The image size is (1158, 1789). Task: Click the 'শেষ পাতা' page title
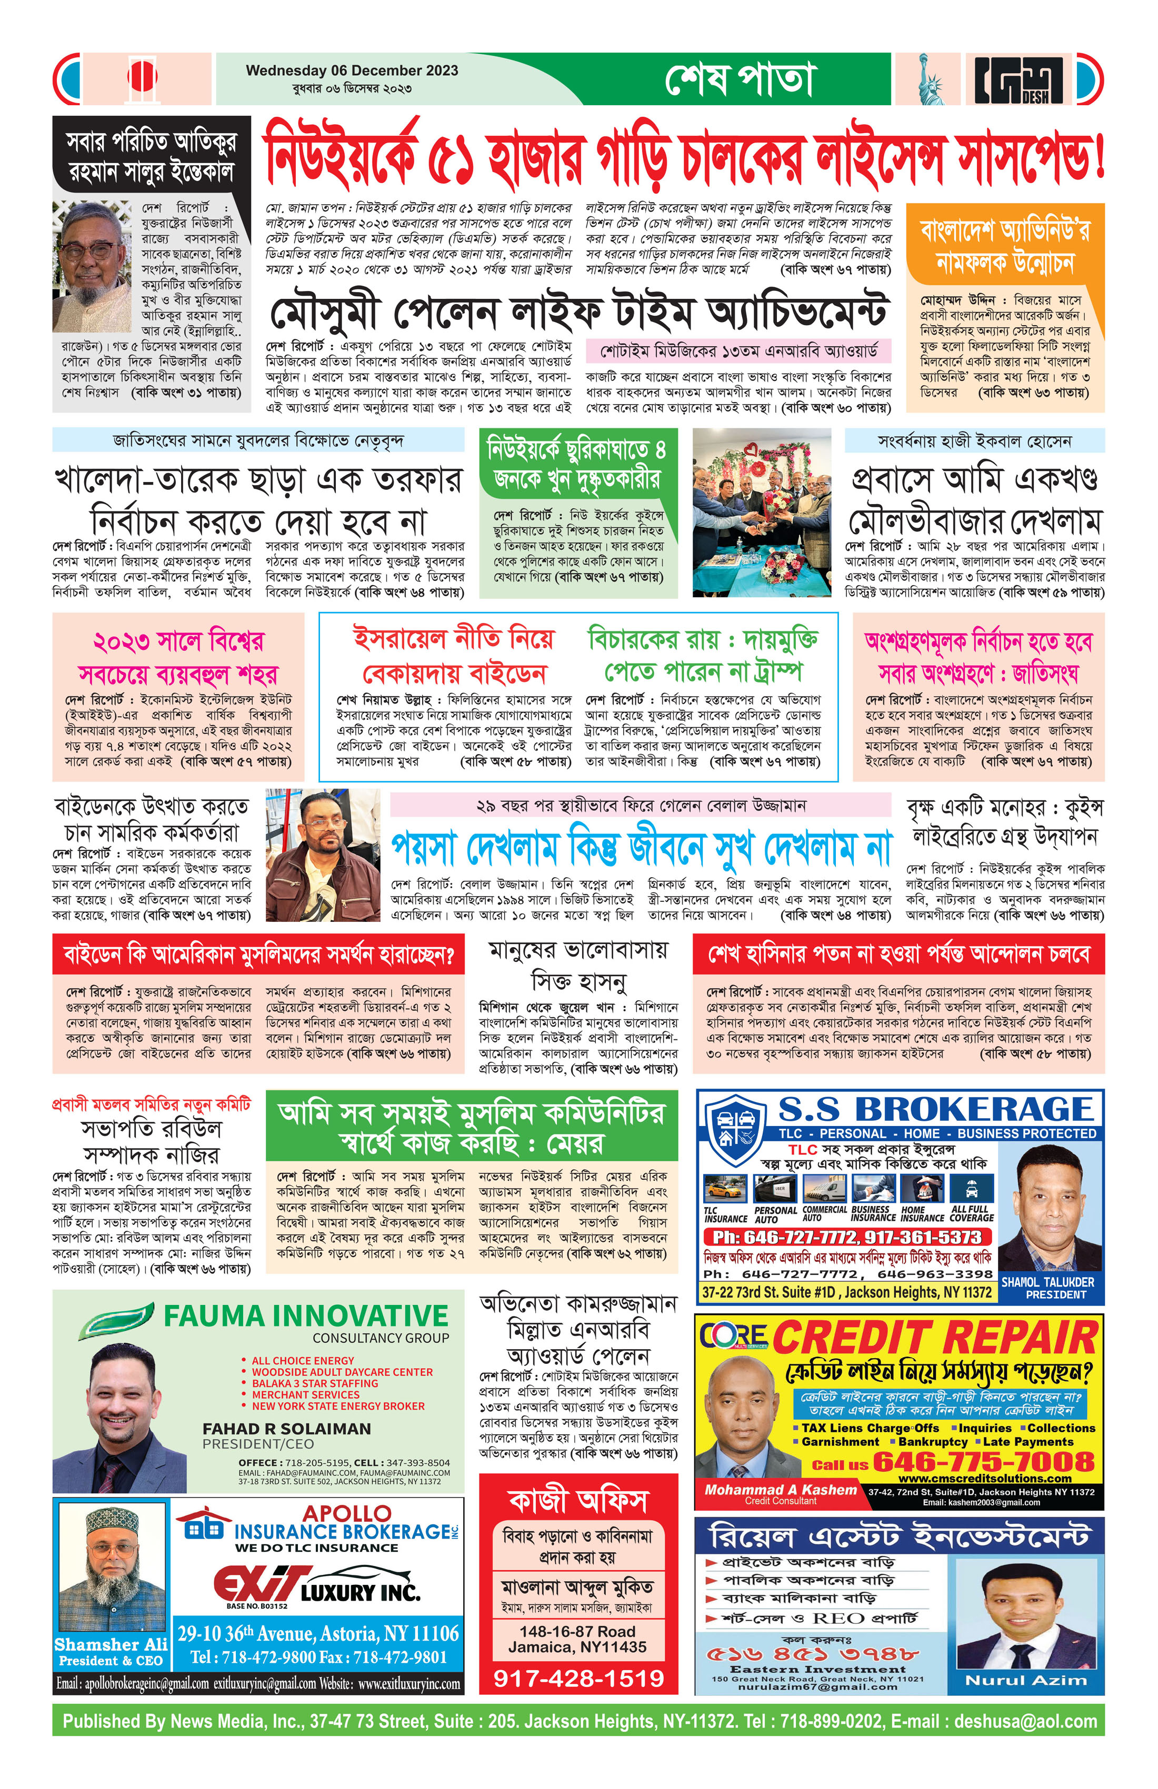point(739,79)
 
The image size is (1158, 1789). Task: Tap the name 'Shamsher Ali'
point(111,1644)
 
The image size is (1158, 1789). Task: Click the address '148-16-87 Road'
point(577,1631)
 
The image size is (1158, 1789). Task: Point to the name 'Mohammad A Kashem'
point(781,1489)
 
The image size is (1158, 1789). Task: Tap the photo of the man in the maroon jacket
point(323,855)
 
